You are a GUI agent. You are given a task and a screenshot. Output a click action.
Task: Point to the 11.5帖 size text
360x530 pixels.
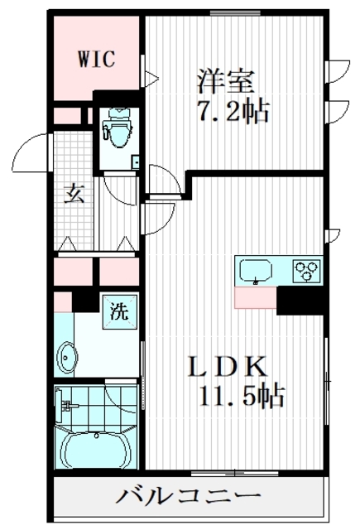tap(241, 395)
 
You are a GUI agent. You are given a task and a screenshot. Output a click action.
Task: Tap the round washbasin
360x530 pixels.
tap(68, 357)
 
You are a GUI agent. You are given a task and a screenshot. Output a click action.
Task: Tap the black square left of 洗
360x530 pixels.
tap(84, 300)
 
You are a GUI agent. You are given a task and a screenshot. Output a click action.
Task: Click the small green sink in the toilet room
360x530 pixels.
tap(135, 161)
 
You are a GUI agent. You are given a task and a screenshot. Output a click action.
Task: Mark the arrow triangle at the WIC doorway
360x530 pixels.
tap(151, 80)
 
